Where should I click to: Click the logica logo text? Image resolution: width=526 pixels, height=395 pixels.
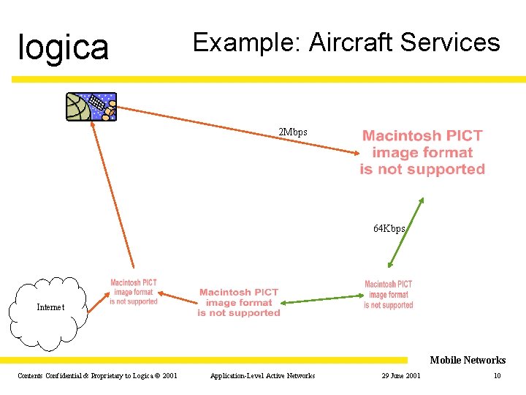(x=63, y=48)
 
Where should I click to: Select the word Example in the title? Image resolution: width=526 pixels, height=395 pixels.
(x=246, y=43)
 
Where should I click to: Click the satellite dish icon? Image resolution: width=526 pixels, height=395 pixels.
(x=91, y=107)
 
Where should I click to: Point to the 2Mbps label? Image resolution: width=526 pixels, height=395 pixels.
(x=293, y=132)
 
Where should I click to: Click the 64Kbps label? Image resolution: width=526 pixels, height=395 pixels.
(x=389, y=228)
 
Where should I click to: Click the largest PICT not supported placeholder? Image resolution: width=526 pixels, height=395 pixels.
(x=422, y=152)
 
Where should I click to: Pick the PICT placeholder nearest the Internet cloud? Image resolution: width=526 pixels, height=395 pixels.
(x=133, y=292)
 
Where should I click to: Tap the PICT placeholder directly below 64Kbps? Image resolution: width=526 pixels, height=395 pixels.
(x=388, y=295)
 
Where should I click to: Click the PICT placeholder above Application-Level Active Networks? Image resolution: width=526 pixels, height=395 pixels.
(x=239, y=302)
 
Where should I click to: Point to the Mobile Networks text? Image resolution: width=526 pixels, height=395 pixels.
(x=468, y=360)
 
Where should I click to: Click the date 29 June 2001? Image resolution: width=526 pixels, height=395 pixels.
(x=400, y=376)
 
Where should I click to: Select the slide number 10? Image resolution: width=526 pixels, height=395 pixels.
(x=497, y=376)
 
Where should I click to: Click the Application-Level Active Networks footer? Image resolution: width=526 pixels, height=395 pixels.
(x=262, y=376)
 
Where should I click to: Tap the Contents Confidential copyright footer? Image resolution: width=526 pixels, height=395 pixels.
(x=97, y=376)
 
